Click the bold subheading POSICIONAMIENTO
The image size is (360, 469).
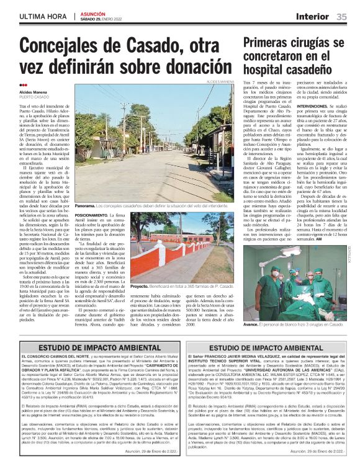(93, 214)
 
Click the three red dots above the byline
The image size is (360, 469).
(23, 86)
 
